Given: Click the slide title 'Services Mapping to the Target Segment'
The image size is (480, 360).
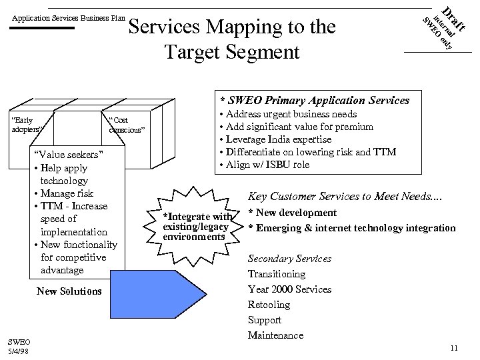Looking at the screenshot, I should (232, 39).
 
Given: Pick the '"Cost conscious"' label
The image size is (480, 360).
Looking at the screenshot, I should (126, 125).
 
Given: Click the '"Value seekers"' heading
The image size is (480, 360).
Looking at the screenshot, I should (69, 155).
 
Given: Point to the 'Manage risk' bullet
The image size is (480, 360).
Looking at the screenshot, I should (66, 193).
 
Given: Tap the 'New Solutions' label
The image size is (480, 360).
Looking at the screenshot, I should (69, 291).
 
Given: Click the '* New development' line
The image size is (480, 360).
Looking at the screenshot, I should (293, 213).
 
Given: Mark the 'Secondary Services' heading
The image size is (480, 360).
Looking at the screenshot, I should (289, 259).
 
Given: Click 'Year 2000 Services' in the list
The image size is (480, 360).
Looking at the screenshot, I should (289, 289).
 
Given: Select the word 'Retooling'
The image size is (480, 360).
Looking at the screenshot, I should (269, 305).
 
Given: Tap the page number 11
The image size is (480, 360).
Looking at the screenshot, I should (453, 347).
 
